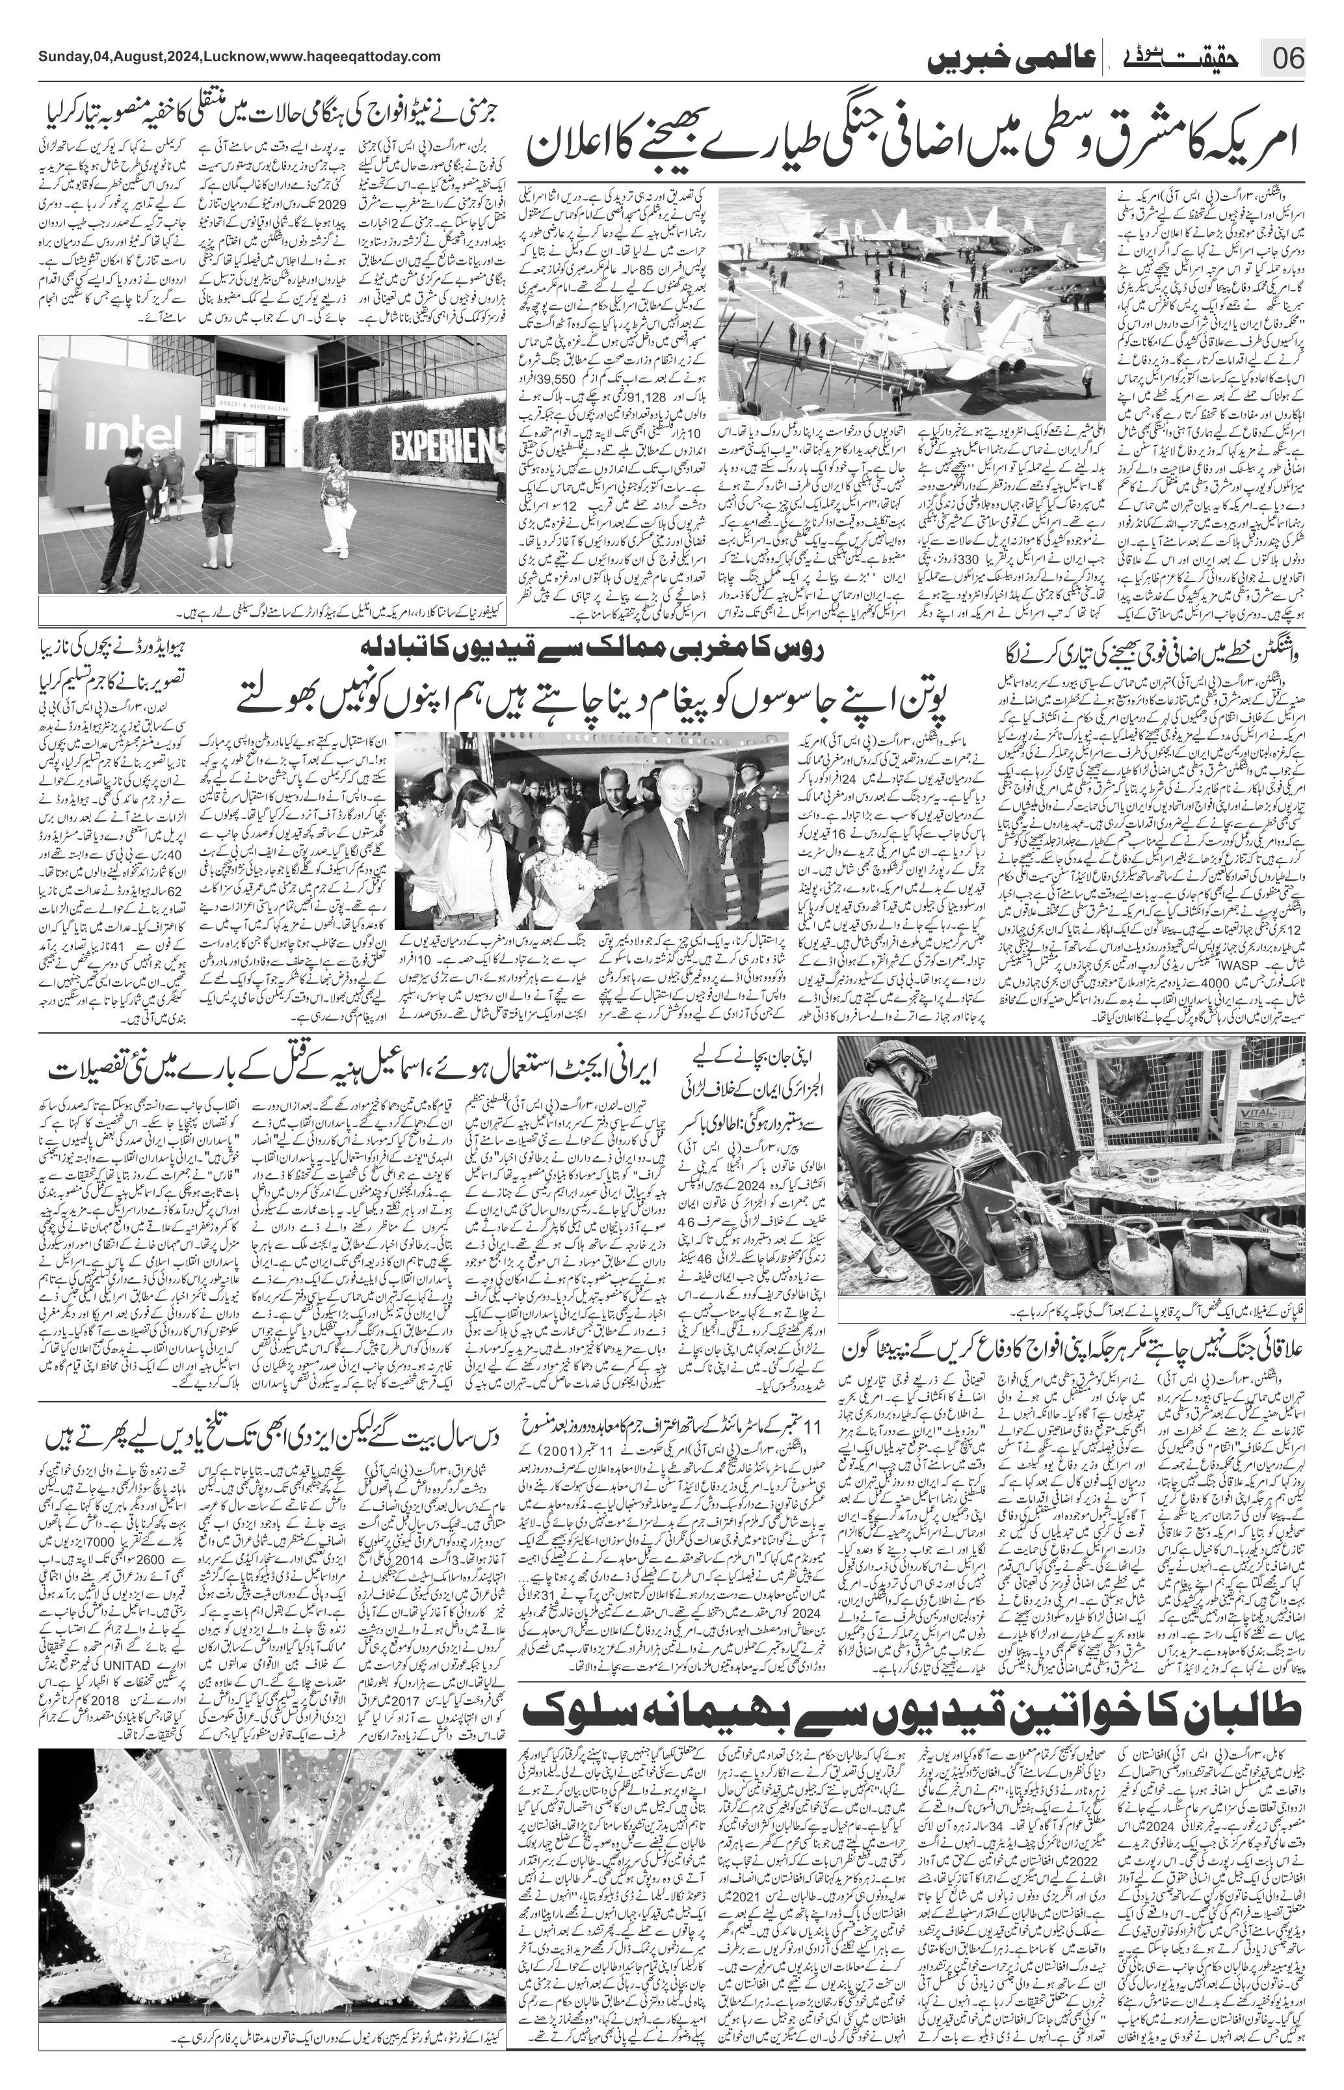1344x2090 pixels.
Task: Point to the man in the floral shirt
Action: point(335,498)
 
